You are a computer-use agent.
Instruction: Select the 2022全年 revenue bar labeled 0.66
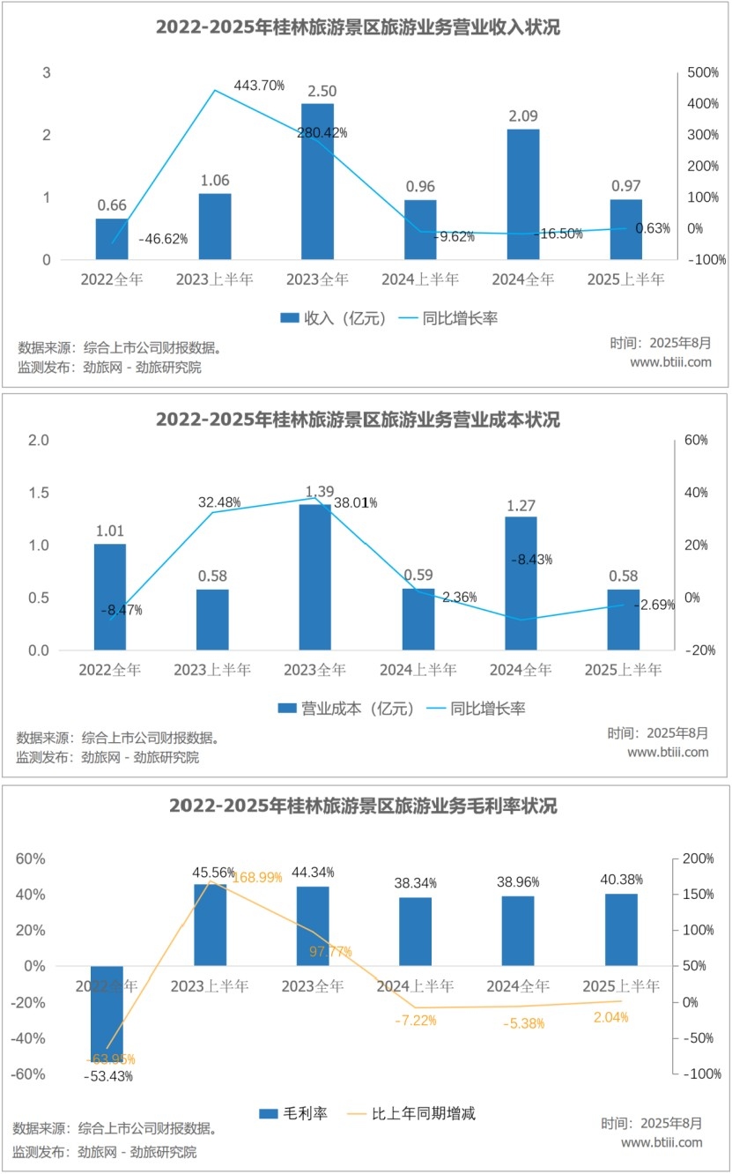pos(112,239)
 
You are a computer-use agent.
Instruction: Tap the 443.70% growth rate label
pos(259,85)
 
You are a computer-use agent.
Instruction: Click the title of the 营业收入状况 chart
pos(359,27)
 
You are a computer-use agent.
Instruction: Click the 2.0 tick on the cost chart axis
pos(39,440)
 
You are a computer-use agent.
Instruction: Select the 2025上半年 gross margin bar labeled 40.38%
pos(621,930)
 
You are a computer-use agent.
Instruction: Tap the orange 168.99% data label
pos(257,877)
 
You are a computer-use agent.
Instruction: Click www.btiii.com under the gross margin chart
pos(662,1142)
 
